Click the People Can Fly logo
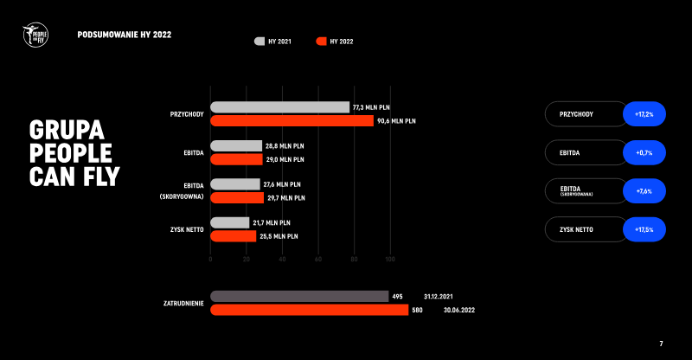(35, 35)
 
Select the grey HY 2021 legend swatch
(259, 41)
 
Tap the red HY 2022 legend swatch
(322, 41)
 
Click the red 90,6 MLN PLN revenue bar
(292, 121)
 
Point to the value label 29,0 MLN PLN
(285, 159)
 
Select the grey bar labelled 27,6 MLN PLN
(235, 184)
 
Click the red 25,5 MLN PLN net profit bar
(234, 235)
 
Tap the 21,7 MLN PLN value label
(272, 222)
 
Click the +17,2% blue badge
(644, 114)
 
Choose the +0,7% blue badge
(644, 153)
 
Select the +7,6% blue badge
(644, 191)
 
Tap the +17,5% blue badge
(644, 229)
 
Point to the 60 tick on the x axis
(318, 260)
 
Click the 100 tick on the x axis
(390, 260)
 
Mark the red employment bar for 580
(309, 310)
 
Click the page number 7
(661, 344)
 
